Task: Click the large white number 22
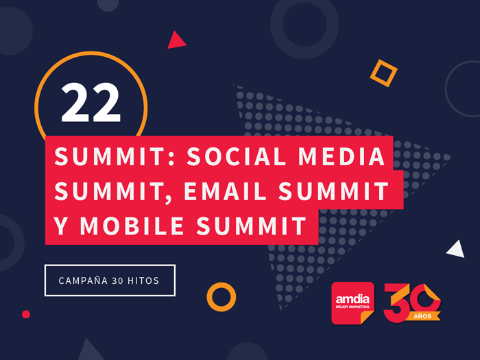pos(91,103)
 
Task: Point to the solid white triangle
pos(457,250)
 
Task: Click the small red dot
pos(26,314)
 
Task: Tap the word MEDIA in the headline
pos(341,156)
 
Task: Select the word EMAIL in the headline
pos(226,191)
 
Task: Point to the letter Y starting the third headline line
pos(60,226)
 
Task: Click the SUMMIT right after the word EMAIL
pos(333,191)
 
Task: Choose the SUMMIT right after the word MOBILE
pos(252,226)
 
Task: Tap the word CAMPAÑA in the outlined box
pos(83,280)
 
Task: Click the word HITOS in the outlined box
pos(143,280)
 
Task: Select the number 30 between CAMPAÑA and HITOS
pos(117,280)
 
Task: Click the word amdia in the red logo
pos(352,299)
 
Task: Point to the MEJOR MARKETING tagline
pos(352,307)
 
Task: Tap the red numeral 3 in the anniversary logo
pos(395,303)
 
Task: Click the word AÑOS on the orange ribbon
pos(422,316)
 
